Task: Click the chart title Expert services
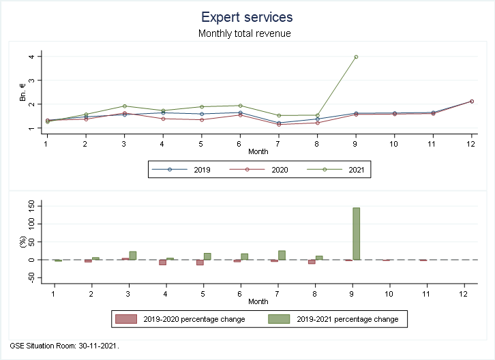[x=247, y=16]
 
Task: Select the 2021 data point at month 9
[x=356, y=57]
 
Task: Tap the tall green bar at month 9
[x=356, y=234]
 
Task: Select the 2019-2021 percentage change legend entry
[x=334, y=318]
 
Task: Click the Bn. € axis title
[x=22, y=92]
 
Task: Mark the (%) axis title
[x=22, y=242]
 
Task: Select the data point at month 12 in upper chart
[x=471, y=102]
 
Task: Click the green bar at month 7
[x=282, y=255]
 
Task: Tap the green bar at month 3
[x=133, y=256]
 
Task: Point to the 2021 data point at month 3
[x=124, y=106]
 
